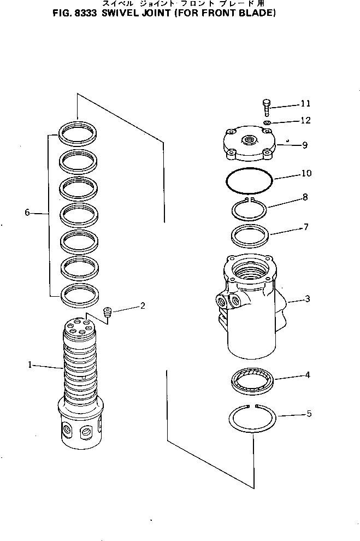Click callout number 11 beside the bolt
pos(305,103)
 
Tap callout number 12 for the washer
pos(305,120)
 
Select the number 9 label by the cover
pos(304,145)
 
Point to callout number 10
pos(306,174)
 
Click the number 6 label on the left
pos(27,213)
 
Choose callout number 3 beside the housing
pos(308,299)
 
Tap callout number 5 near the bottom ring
pos(309,414)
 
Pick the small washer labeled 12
pos(267,124)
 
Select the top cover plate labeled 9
pos(248,145)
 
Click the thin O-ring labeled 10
pos(250,181)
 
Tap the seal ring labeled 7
pos(249,236)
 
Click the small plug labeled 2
pos(108,313)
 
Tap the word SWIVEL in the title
pos(112,11)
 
